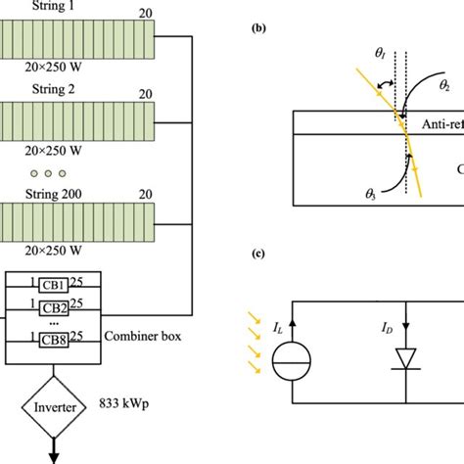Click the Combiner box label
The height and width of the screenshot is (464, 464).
143,335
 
